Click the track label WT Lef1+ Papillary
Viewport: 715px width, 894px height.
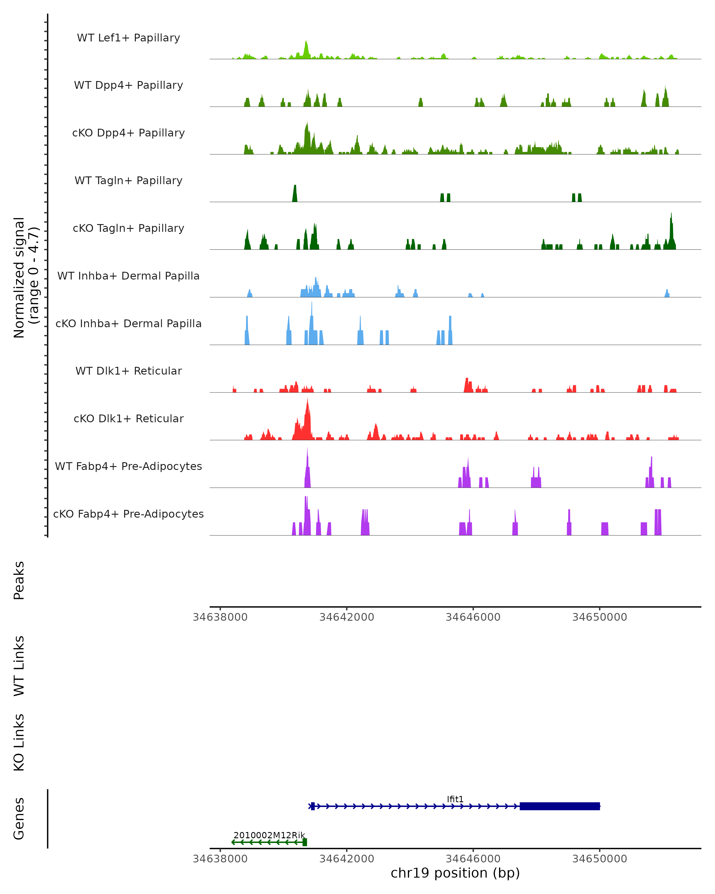(128, 38)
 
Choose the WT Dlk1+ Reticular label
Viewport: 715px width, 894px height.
(128, 371)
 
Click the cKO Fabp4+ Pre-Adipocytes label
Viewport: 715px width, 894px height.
(128, 514)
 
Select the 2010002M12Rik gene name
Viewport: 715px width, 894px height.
(269, 835)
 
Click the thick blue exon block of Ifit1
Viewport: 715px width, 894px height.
(559, 806)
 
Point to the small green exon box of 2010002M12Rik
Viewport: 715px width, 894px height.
(305, 842)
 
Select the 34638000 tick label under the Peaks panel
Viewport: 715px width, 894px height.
(220, 617)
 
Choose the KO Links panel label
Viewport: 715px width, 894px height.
(19, 742)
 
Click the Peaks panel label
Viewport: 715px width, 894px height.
(19, 581)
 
